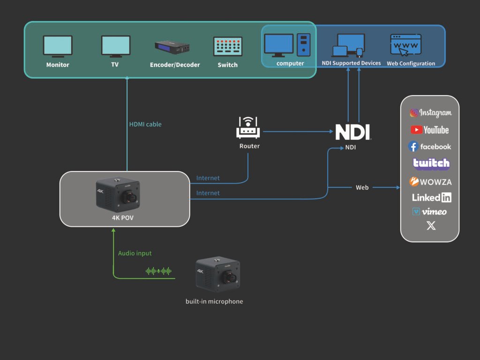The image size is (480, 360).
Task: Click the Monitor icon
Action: [x=58, y=46]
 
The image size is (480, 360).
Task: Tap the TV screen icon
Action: [x=115, y=46]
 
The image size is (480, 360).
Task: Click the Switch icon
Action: [x=228, y=47]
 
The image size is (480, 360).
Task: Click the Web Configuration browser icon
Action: [x=406, y=45]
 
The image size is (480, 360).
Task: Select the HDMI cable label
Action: [x=145, y=124]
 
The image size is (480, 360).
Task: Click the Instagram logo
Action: [x=430, y=113]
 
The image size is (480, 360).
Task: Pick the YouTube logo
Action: [x=430, y=130]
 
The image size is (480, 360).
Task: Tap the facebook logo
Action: [x=429, y=147]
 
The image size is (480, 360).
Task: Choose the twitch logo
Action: [x=431, y=164]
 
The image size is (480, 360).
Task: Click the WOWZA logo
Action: [x=431, y=181]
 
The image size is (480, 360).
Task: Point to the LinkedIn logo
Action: [x=431, y=197]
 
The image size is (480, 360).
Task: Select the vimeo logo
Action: [x=429, y=212]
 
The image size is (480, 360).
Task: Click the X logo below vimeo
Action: [x=431, y=225]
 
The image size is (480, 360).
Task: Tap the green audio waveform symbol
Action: [x=158, y=271]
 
